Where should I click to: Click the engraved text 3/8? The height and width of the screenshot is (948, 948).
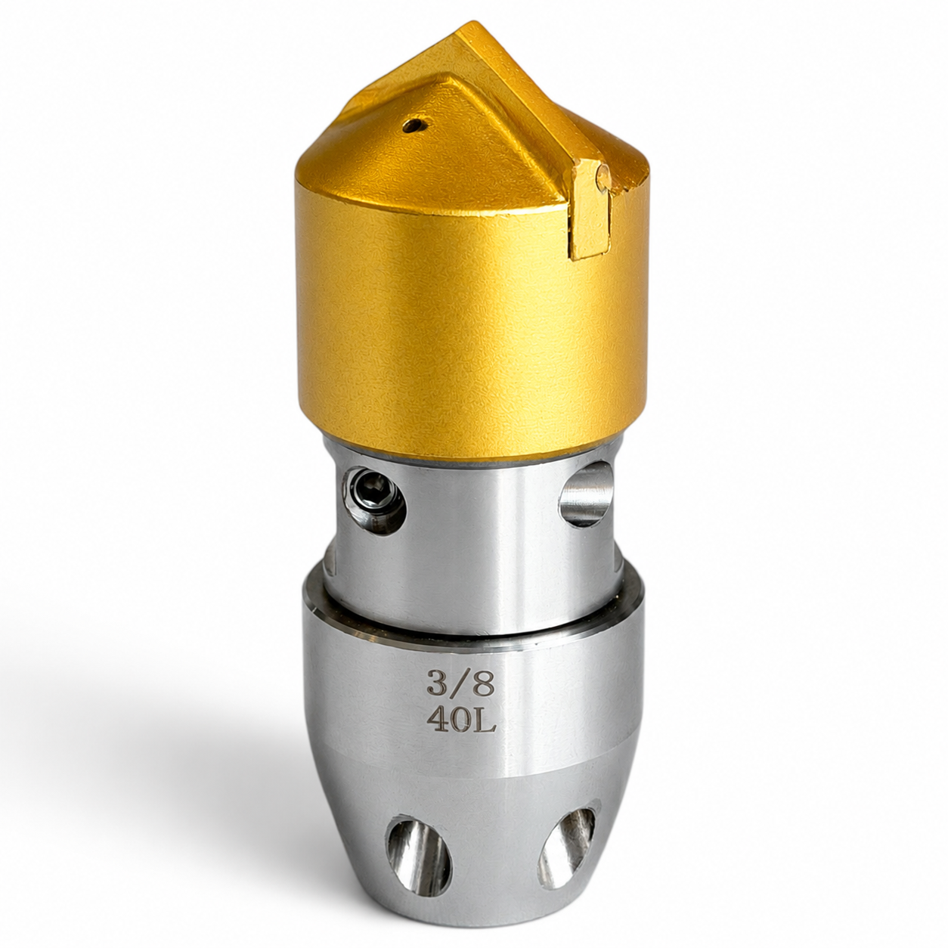(460, 681)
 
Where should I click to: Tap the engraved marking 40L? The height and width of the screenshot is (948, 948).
(460, 719)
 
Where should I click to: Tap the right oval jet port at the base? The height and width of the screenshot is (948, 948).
(568, 835)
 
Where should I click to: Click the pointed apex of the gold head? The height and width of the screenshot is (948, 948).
(473, 23)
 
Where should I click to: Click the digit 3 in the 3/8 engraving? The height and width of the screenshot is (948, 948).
(436, 681)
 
